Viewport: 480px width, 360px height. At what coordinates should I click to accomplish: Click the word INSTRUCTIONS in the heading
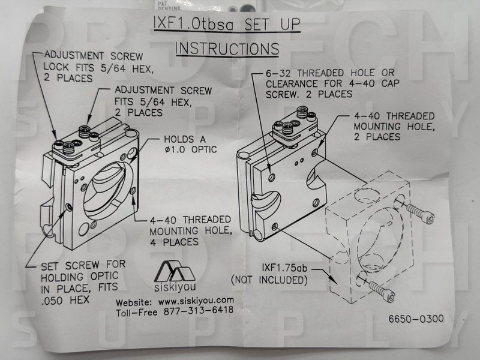coord(227,48)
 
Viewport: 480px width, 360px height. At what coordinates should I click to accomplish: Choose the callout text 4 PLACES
coord(174,242)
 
